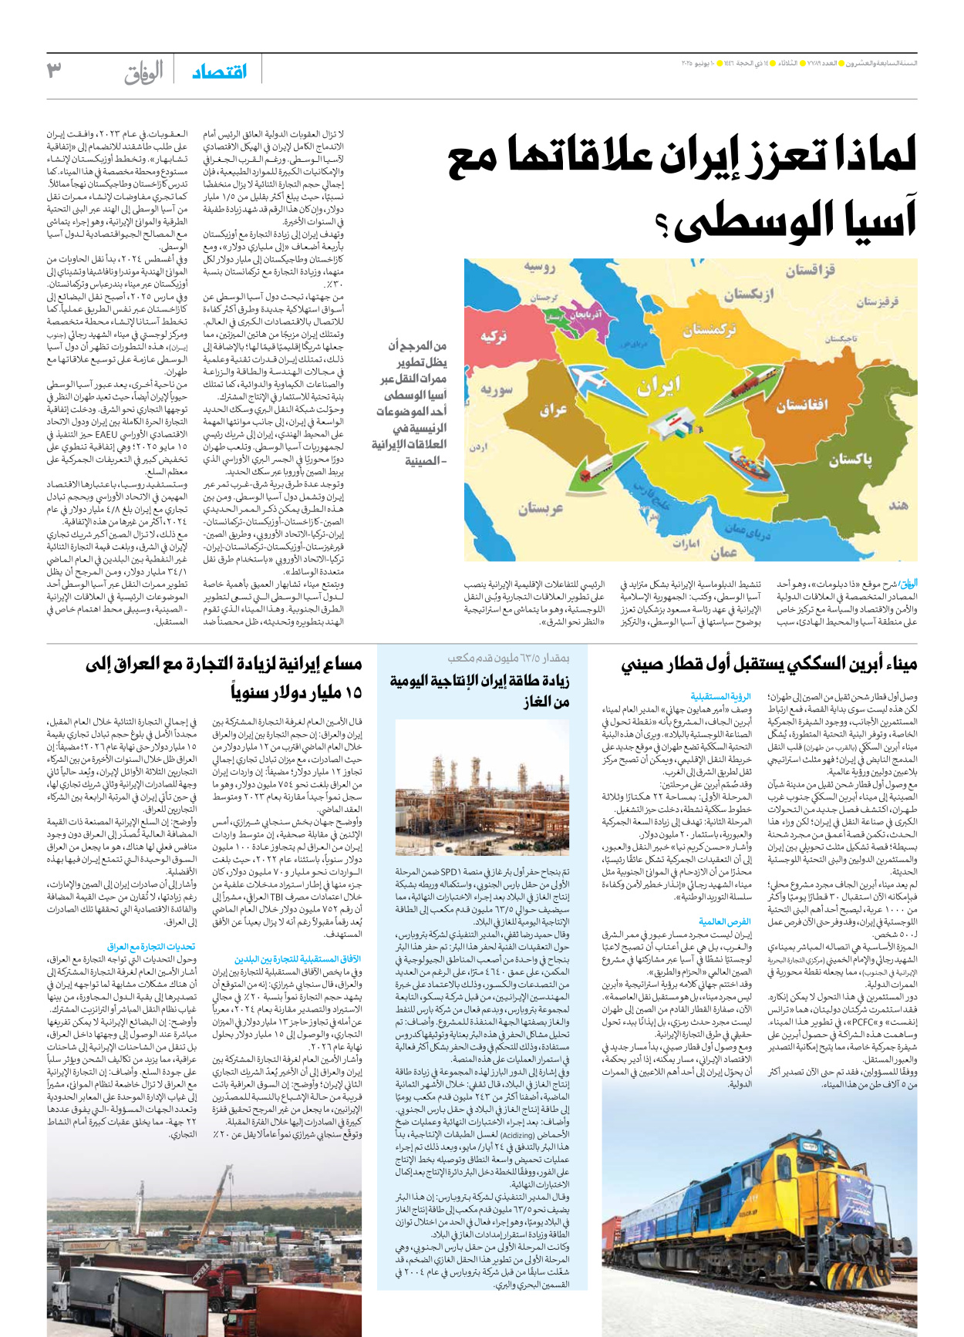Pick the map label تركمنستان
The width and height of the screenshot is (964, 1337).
pyautogui.click(x=710, y=330)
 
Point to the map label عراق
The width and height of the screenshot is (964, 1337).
pyautogui.click(x=554, y=409)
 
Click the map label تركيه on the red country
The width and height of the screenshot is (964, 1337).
pyautogui.click(x=494, y=336)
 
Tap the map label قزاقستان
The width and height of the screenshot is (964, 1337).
pyautogui.click(x=810, y=271)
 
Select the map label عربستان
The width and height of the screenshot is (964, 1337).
pyautogui.click(x=541, y=508)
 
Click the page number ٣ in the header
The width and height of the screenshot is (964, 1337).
pyautogui.click(x=54, y=71)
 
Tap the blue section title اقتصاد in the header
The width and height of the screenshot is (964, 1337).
pyautogui.click(x=219, y=72)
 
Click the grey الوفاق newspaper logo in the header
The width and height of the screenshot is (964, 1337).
pyautogui.click(x=143, y=72)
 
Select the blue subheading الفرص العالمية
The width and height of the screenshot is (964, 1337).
pyautogui.click(x=724, y=921)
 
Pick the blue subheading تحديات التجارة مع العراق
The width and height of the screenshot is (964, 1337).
pyautogui.click(x=151, y=946)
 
